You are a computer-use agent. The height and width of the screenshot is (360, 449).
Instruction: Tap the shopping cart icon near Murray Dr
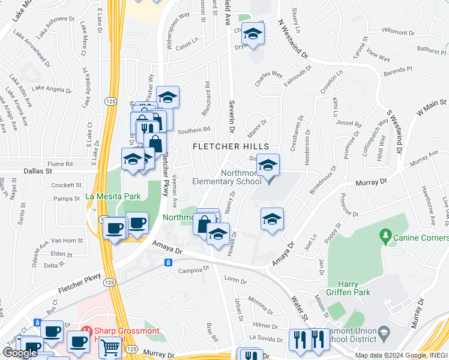click(110, 347)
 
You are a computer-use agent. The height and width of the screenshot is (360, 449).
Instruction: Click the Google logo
click(20, 353)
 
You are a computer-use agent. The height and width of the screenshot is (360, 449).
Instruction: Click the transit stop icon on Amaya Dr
click(169, 262)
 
